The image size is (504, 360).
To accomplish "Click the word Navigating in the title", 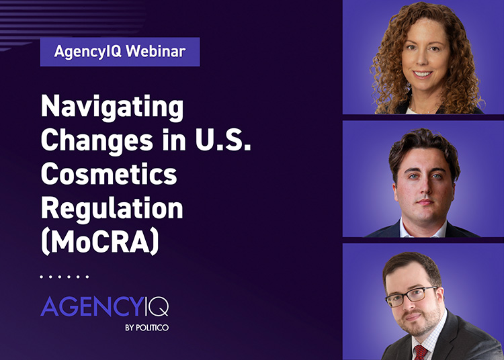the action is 112,107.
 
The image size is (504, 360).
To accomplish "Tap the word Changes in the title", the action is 97,140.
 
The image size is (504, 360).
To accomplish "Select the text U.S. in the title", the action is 223,140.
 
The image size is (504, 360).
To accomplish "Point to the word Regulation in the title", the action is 112,210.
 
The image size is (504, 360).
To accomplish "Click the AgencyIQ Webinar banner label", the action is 120,52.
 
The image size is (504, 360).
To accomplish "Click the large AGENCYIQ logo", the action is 104,307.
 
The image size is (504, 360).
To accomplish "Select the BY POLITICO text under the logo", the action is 147,328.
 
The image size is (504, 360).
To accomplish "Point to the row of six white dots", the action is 65,277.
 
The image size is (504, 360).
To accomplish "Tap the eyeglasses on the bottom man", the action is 412,296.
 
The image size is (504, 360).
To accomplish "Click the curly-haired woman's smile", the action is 422,74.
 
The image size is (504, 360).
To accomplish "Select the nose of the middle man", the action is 424,187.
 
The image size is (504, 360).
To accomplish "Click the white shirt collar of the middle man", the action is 423,229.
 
